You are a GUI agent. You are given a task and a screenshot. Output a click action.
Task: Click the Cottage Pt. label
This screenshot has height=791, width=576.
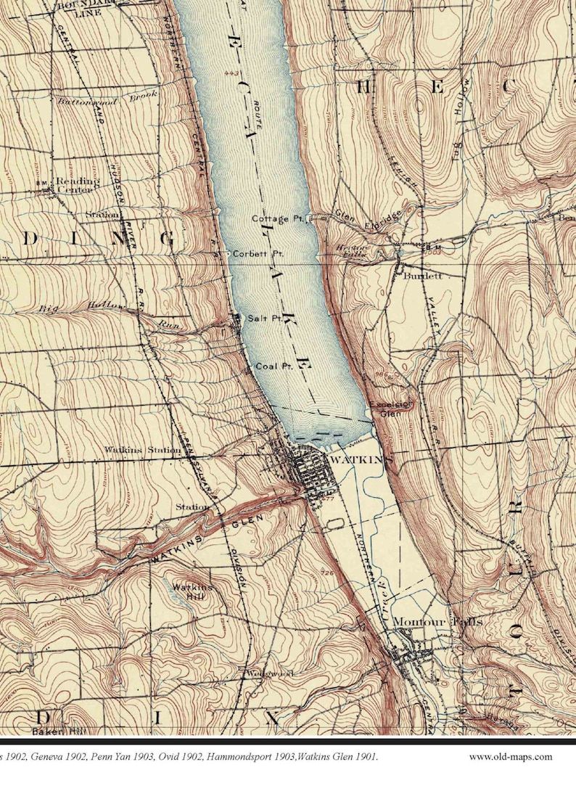click(280, 218)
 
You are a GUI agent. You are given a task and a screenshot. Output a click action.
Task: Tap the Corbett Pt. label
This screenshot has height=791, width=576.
click(257, 255)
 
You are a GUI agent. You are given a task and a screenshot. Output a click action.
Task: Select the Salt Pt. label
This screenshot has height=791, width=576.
click(264, 319)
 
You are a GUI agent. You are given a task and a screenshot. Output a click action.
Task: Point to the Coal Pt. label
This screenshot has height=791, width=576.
click(273, 366)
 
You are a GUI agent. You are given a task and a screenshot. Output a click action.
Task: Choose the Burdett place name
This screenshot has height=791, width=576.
click(423, 276)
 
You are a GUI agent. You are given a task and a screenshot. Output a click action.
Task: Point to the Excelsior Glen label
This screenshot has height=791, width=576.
click(392, 409)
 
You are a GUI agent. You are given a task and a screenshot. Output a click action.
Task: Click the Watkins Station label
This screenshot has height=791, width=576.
click(142, 451)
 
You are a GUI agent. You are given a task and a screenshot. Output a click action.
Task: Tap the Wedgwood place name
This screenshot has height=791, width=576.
click(269, 673)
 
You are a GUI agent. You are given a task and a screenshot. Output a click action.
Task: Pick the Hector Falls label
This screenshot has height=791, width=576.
click(353, 250)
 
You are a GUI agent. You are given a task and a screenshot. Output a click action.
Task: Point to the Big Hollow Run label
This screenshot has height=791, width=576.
click(109, 314)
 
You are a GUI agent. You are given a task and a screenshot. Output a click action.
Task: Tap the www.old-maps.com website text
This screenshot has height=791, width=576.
click(510, 757)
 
